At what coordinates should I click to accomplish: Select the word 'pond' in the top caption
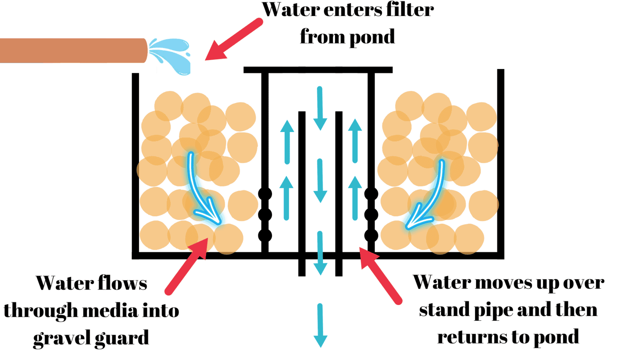click(372, 37)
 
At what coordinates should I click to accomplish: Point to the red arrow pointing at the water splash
click(234, 39)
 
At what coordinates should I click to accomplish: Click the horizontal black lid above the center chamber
click(318, 70)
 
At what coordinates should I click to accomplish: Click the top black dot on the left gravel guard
click(265, 194)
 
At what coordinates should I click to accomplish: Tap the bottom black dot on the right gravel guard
click(371, 235)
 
